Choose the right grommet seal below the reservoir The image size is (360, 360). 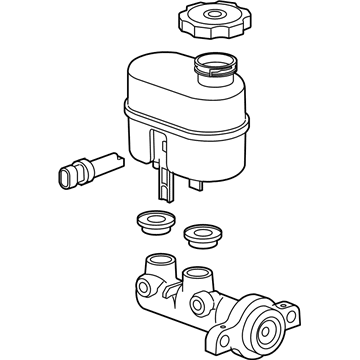[204, 236]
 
